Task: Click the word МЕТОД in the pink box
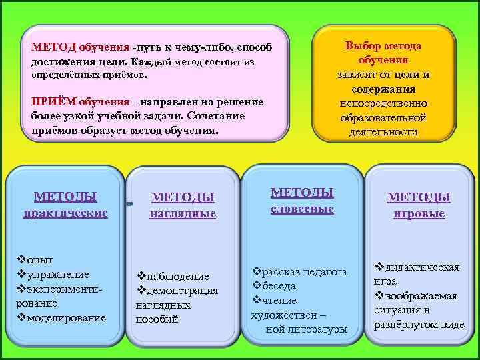tap(54, 48)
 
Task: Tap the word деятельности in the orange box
tap(383, 131)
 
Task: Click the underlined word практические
tap(65, 213)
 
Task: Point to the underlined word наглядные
tap(183, 213)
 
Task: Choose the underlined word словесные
tap(302, 209)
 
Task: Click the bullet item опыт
tap(40, 259)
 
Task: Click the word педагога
tap(325, 271)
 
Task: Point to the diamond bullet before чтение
tap(255, 300)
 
